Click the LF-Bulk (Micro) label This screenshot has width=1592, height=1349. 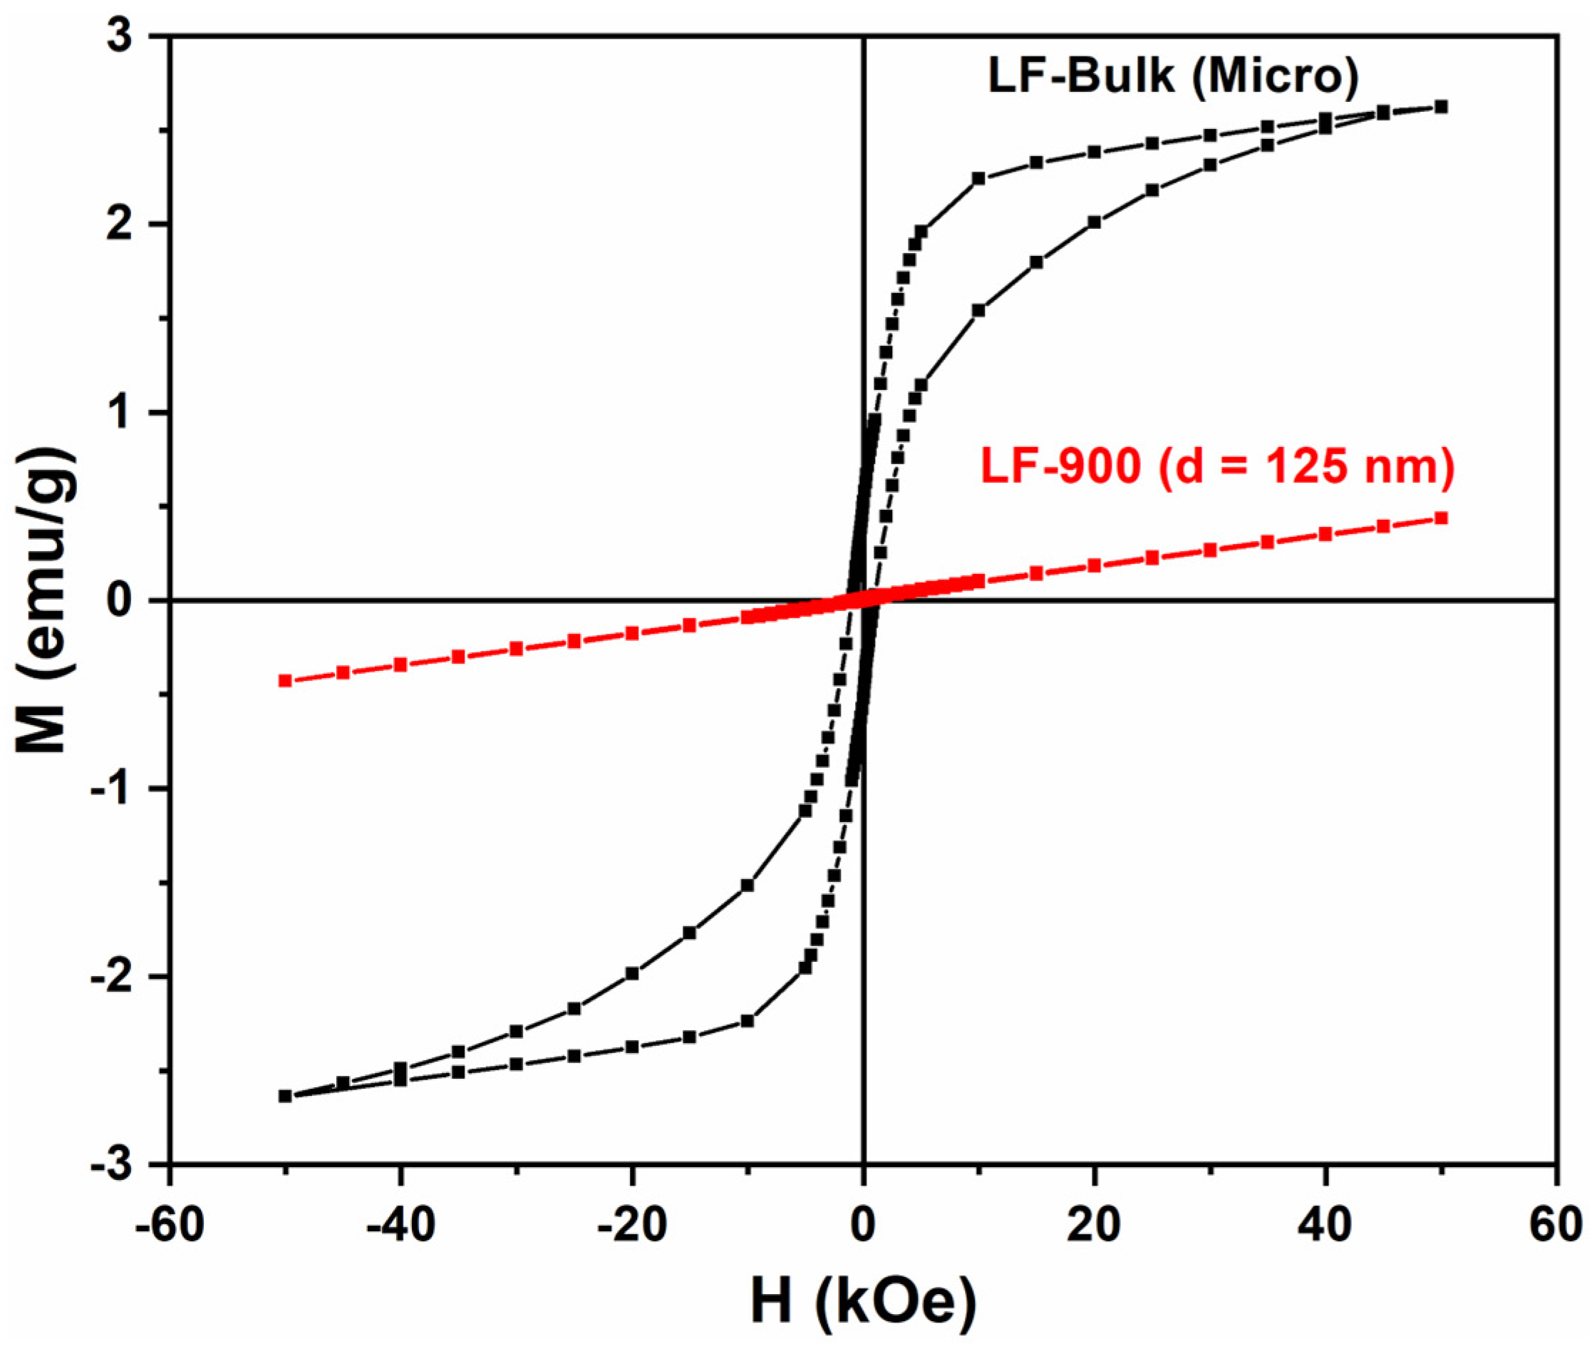click(1174, 76)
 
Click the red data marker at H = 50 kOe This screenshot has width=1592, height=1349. click(1442, 518)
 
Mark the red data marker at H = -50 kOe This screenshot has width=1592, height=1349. click(285, 681)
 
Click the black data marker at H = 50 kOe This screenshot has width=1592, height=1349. click(1442, 107)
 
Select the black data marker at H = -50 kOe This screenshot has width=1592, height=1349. click(285, 1096)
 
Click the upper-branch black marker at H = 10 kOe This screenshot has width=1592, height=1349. click(978, 179)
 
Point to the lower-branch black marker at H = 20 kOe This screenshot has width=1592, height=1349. click(1094, 222)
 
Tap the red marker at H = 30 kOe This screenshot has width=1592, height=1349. click(1210, 550)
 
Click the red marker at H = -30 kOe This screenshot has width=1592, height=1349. click(516, 649)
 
